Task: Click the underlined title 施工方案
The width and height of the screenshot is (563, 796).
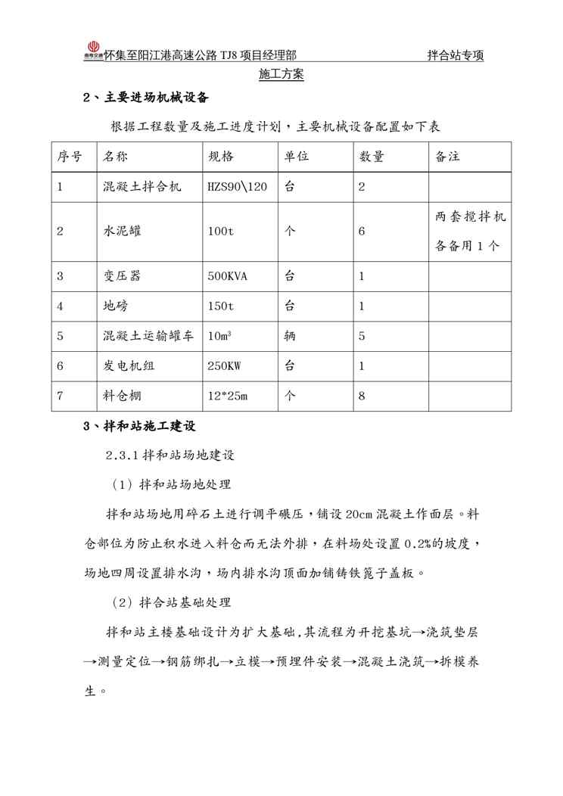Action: point(281,74)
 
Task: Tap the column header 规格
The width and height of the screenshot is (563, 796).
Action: point(221,157)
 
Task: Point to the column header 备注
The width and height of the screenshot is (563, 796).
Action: point(448,157)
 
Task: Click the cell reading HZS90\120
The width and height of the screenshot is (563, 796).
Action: point(237,187)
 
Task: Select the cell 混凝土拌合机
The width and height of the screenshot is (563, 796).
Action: point(142,187)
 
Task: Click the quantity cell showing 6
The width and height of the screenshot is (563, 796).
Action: point(362,231)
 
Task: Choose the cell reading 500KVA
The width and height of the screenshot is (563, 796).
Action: point(227,276)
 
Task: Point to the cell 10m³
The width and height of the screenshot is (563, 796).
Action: point(219,336)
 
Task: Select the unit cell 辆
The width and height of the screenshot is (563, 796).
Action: point(290,336)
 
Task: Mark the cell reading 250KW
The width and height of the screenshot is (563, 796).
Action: point(224,365)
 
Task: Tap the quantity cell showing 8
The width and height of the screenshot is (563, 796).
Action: point(362,395)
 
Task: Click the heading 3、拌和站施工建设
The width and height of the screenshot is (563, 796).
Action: point(140,426)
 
